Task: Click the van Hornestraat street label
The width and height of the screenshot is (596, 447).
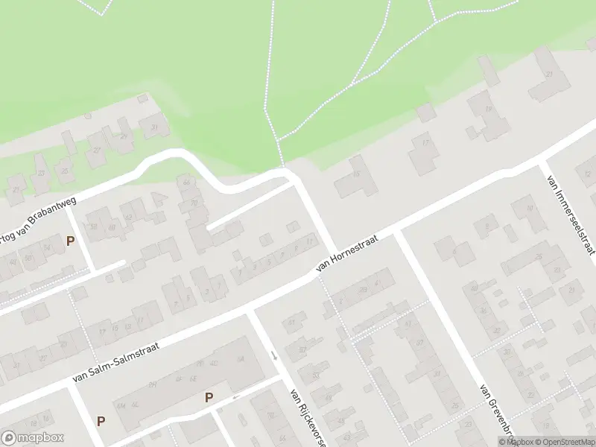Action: click(348, 252)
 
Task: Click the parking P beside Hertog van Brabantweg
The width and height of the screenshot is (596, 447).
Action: click(71, 241)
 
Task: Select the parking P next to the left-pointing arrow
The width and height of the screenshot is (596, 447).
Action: click(209, 398)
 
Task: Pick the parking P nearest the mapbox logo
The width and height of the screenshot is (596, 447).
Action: click(101, 421)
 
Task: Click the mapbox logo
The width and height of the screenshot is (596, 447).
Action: click(33, 438)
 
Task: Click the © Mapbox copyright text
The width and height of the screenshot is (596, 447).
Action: click(514, 442)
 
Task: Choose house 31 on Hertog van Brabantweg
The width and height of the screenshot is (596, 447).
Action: click(155, 128)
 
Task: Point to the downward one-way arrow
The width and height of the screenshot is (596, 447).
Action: click(274, 355)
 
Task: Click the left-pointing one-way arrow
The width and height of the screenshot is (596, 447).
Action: click(236, 396)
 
